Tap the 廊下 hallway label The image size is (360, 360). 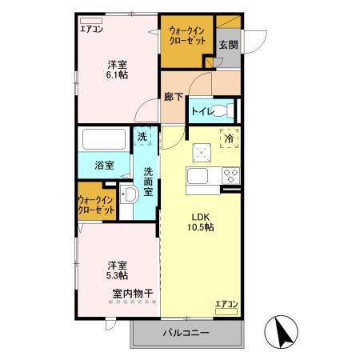174,97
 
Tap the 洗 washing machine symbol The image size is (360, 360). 142,138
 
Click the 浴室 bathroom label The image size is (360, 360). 104,165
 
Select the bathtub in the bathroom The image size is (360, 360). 105,141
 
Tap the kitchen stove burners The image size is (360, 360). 230,174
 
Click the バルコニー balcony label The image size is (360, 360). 186,332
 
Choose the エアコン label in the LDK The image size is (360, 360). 226,305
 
